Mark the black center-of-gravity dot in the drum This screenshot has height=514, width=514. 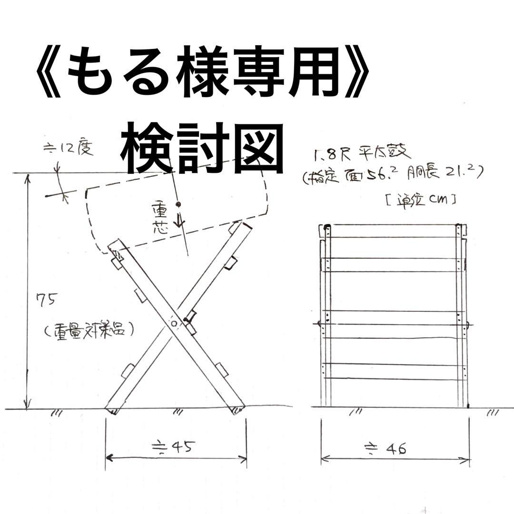coord(178,204)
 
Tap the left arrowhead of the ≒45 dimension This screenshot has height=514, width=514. coord(108,458)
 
